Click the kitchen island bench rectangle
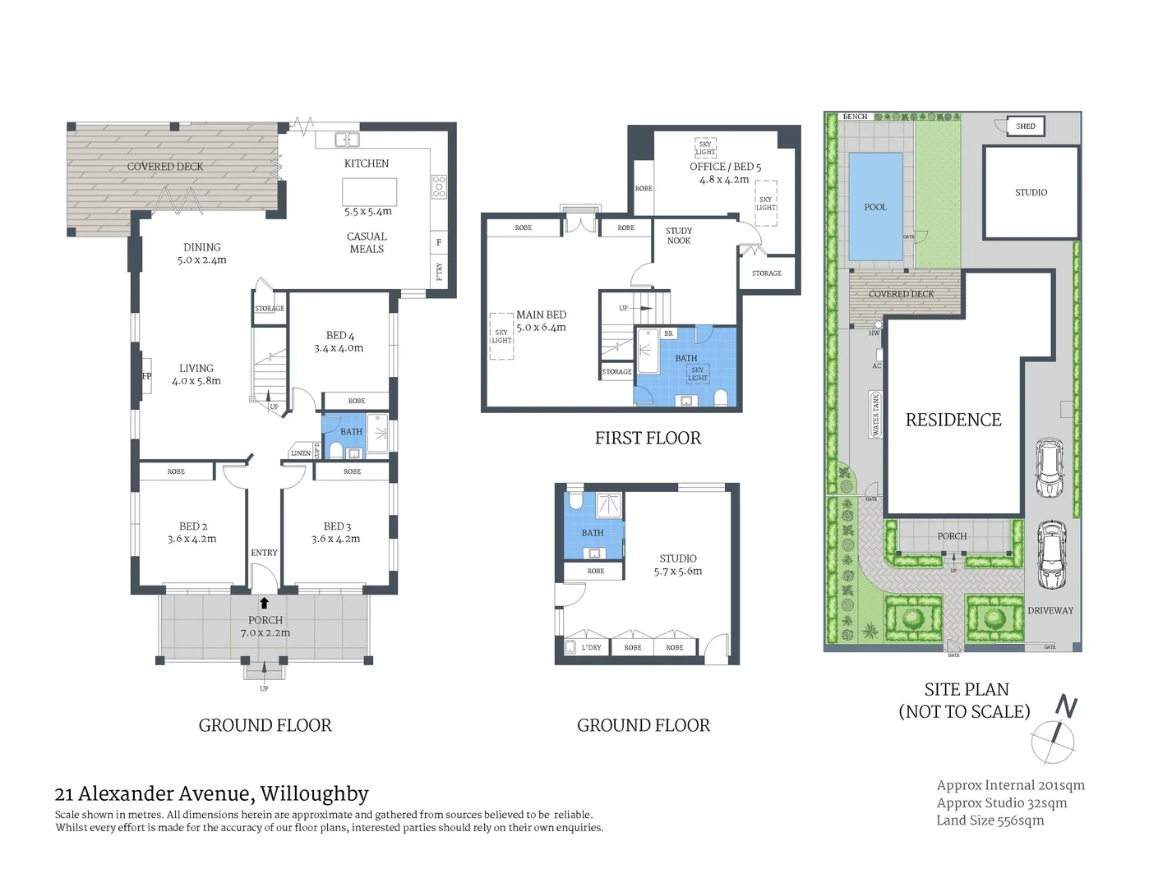pyautogui.click(x=369, y=191)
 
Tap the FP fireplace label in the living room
pyautogui.click(x=146, y=376)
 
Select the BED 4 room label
pyautogui.click(x=339, y=335)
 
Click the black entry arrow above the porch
pyautogui.click(x=264, y=603)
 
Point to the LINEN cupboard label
pyautogui.click(x=301, y=453)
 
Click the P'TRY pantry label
pyautogui.click(x=439, y=271)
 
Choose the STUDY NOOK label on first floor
pyautogui.click(x=679, y=236)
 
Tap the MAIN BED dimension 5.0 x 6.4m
pyautogui.click(x=541, y=327)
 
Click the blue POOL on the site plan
pyautogui.click(x=875, y=207)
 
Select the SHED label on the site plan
pyautogui.click(x=1025, y=126)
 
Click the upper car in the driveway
pyautogui.click(x=1050, y=468)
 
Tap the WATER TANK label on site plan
pyautogui.click(x=875, y=413)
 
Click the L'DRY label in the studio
pyautogui.click(x=591, y=647)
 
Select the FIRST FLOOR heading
pyautogui.click(x=648, y=439)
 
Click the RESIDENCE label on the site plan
pyautogui.click(x=953, y=420)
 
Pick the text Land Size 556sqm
pyautogui.click(x=990, y=820)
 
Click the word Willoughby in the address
pyautogui.click(x=314, y=794)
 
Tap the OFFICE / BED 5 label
pyautogui.click(x=725, y=167)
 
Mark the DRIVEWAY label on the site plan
pyautogui.click(x=1050, y=610)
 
